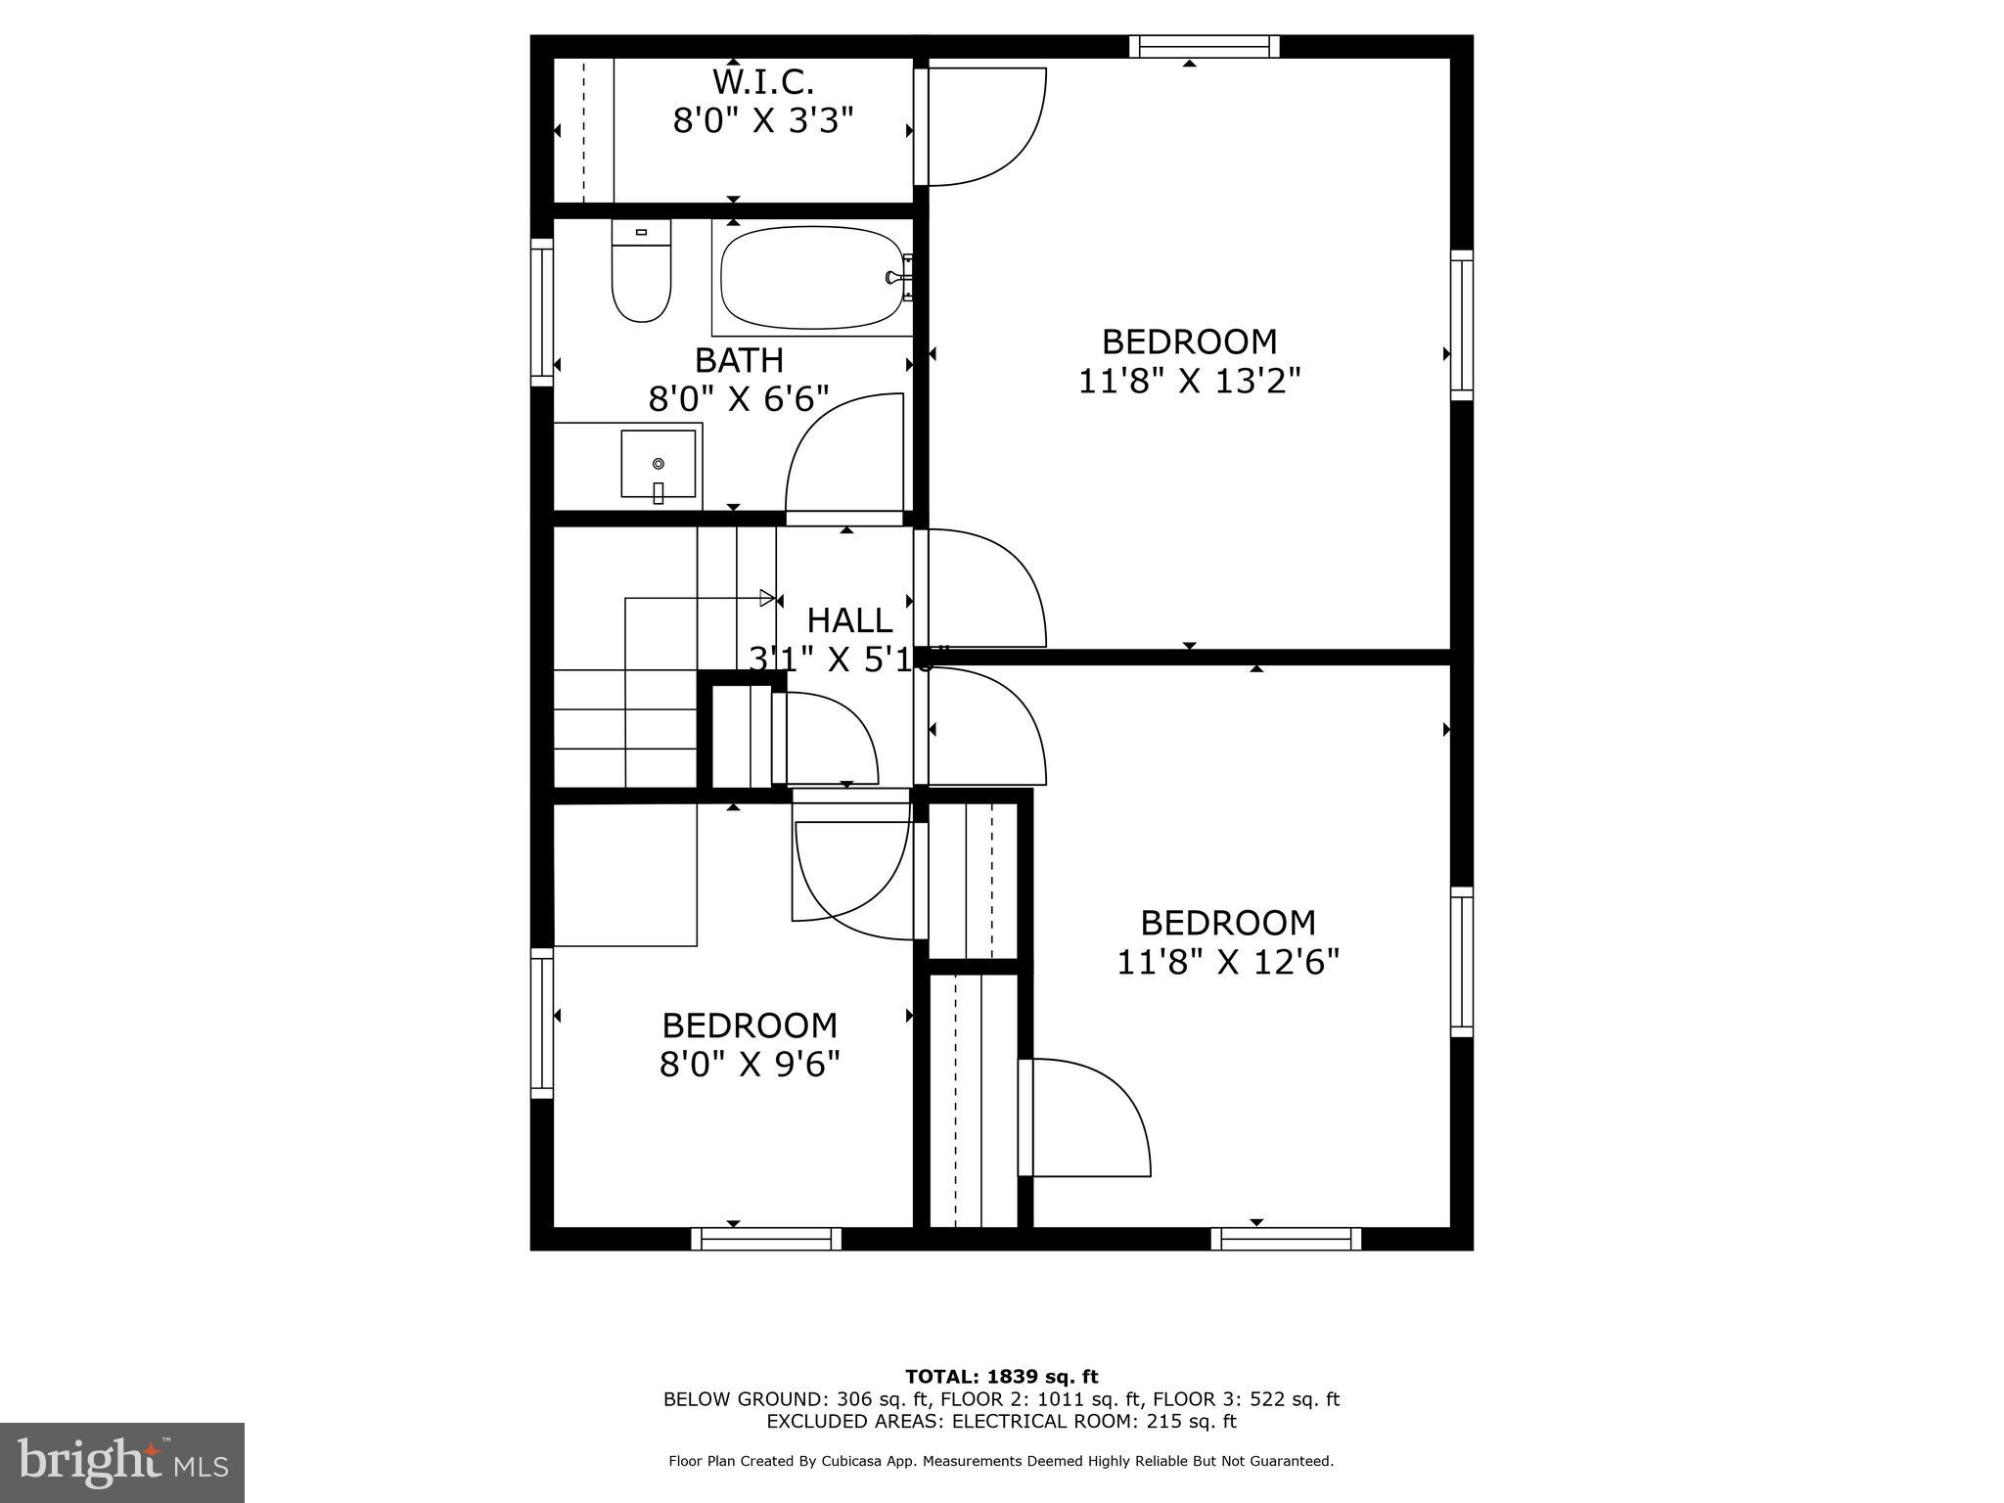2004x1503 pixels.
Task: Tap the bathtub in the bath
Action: pyautogui.click(x=811, y=279)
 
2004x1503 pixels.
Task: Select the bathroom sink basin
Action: pyautogui.click(x=658, y=463)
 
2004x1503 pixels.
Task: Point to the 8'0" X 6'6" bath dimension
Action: pyautogui.click(x=739, y=399)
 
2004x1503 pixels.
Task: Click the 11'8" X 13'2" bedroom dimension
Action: pyautogui.click(x=1189, y=381)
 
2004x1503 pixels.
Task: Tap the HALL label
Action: pyautogui.click(x=848, y=620)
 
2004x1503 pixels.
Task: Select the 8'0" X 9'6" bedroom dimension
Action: pyautogui.click(x=750, y=1064)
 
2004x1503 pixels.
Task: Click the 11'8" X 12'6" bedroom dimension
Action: pyautogui.click(x=1227, y=962)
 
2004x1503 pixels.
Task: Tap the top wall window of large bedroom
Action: pyautogui.click(x=1205, y=46)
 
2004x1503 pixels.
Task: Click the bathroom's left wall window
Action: pyautogui.click(x=541, y=312)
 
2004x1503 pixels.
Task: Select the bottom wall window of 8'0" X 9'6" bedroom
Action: pyautogui.click(x=766, y=1240)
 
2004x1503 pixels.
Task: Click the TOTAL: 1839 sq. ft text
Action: pyautogui.click(x=1001, y=1377)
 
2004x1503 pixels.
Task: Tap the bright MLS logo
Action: pyautogui.click(x=121, y=1463)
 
